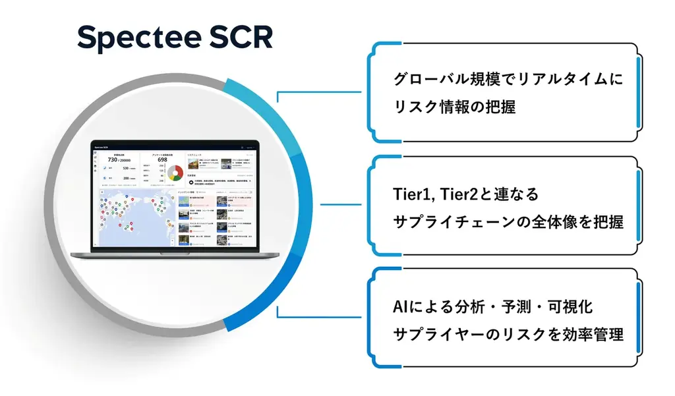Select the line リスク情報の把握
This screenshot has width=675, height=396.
click(454, 107)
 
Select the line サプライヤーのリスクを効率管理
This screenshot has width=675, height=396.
click(507, 335)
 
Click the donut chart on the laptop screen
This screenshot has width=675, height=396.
click(175, 173)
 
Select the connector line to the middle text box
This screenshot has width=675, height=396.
click(343, 204)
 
